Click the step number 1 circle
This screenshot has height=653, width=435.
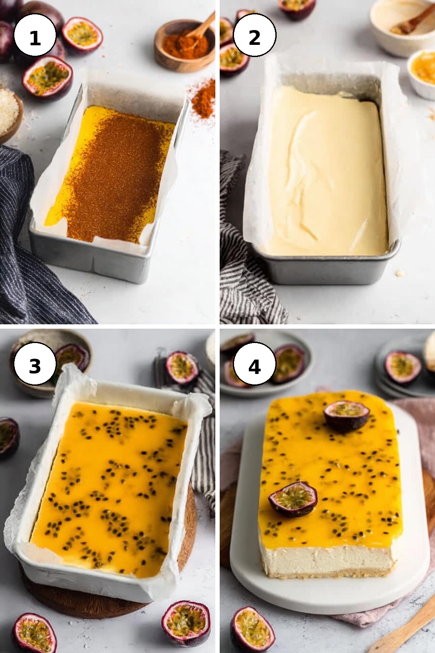[x=35, y=35]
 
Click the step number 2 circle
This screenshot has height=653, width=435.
[x=254, y=35]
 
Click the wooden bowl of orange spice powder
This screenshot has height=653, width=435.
[x=184, y=47]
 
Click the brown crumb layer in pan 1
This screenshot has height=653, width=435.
[x=117, y=175]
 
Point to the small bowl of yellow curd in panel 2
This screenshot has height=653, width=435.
[x=422, y=73]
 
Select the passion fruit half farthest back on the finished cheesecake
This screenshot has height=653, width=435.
[x=346, y=416]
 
